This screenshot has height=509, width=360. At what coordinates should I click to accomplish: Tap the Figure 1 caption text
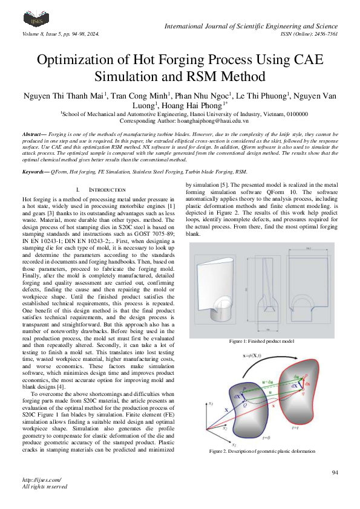point(261,342)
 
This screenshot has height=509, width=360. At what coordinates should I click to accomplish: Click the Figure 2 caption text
point(261,452)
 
